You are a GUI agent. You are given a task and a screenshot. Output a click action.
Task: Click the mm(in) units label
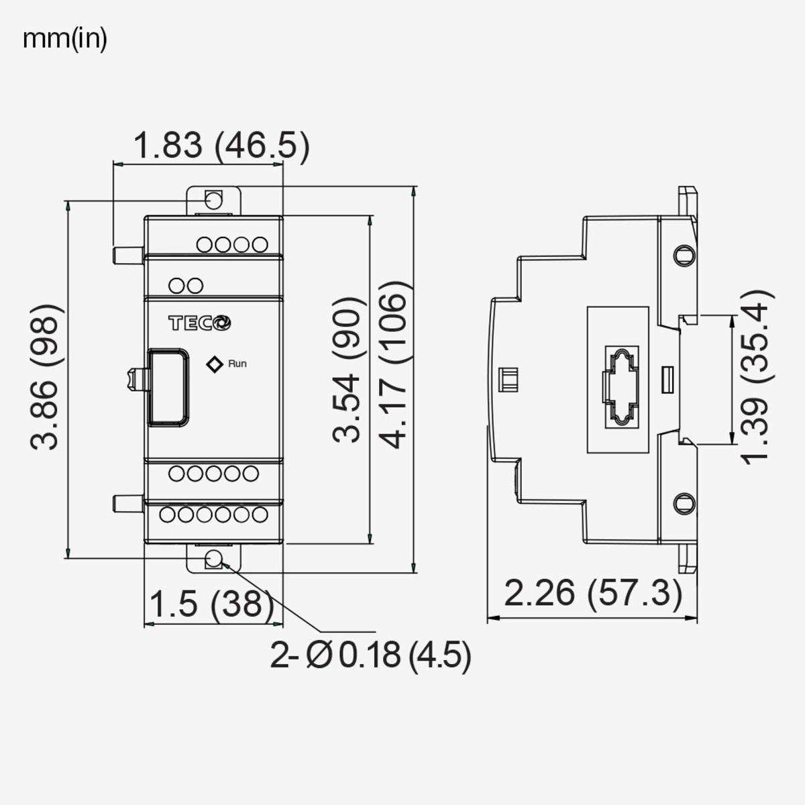coord(65,39)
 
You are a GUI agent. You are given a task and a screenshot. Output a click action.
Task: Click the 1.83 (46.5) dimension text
coord(221,146)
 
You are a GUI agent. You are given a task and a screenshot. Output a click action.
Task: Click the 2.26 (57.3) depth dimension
coord(593,593)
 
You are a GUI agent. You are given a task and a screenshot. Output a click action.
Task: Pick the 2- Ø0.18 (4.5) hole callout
coord(371,655)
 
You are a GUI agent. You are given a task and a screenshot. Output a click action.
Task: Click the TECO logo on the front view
coord(199,323)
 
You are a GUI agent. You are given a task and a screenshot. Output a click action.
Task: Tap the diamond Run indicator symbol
coord(215,364)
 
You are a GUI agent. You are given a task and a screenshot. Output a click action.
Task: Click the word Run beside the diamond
coord(237,364)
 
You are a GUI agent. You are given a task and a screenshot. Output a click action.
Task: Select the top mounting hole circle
coord(214,200)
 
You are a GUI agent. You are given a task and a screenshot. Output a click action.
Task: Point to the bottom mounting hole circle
coord(214,560)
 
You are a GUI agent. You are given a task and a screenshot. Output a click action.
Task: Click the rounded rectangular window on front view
coord(167,386)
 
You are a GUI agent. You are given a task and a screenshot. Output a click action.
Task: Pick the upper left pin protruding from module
coord(127,254)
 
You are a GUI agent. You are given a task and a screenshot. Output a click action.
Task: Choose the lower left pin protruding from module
coord(127,503)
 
